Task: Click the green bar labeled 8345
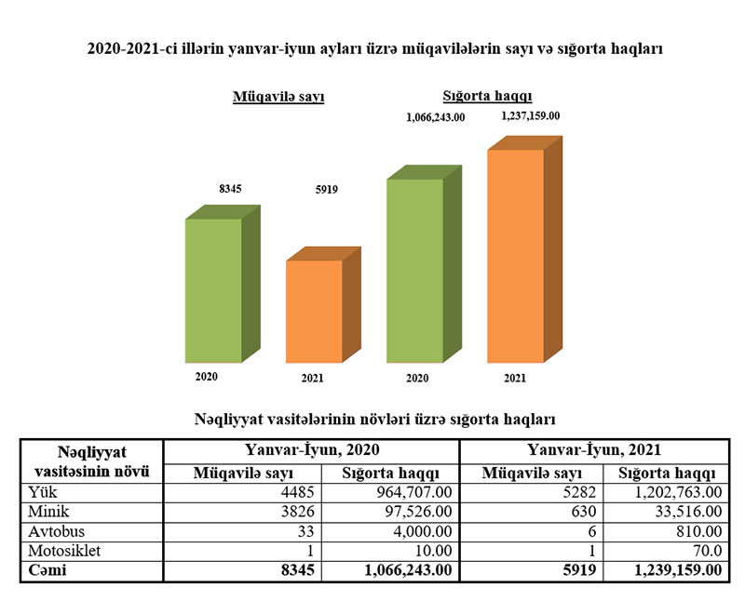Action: pos(214,290)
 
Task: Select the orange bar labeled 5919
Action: pos(314,312)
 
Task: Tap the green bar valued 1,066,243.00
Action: pos(415,270)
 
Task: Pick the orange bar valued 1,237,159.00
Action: pos(515,256)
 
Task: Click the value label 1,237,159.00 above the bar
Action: pos(530,116)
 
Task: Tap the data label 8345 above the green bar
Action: pos(230,189)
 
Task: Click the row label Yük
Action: pos(43,490)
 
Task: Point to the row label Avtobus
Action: pos(56,531)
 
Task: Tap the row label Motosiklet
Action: pos(62,551)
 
